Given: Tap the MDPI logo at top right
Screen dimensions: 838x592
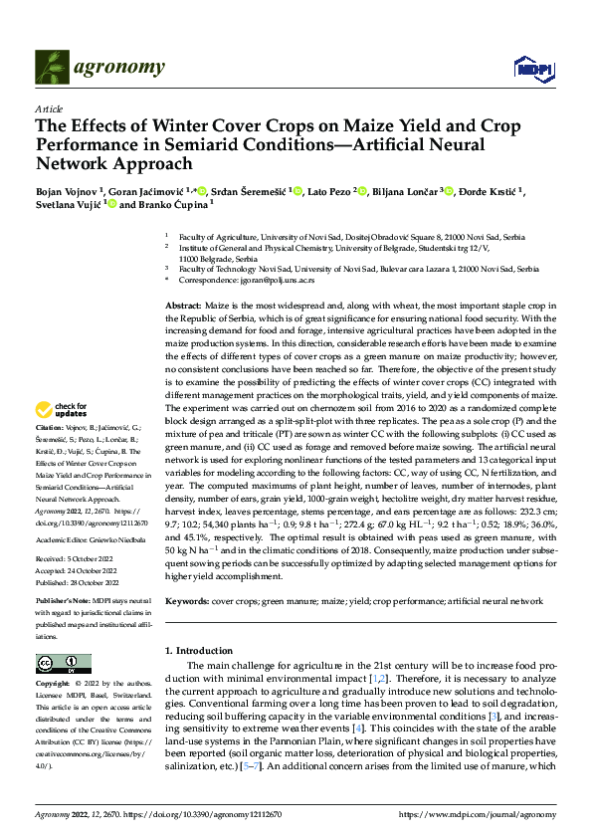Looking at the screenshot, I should [528, 68].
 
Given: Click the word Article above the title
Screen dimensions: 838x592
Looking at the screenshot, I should [48, 107].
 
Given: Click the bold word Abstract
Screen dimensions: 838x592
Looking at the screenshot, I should [183, 305].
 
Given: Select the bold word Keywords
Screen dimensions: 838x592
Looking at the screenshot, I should [187, 602].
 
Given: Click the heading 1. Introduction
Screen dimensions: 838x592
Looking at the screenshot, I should [198, 651].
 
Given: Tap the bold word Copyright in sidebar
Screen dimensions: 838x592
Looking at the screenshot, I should [54, 685].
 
